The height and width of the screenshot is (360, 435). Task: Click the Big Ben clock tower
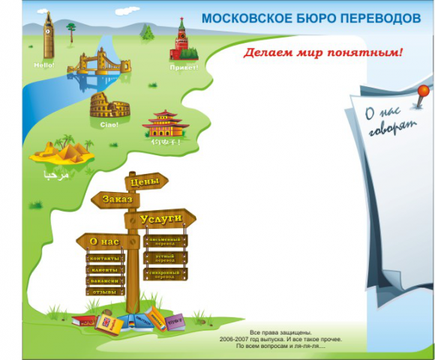pyautogui.click(x=49, y=37)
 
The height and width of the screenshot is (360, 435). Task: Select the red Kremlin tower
pyautogui.click(x=181, y=40)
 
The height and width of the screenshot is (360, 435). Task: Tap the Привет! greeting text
pyautogui.click(x=185, y=67)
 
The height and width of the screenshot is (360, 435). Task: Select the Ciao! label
pyautogui.click(x=109, y=124)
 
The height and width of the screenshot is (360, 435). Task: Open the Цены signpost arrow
pyautogui.click(x=145, y=181)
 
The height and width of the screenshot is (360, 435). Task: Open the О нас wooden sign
pyautogui.click(x=107, y=241)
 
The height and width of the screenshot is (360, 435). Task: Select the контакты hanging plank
pyautogui.click(x=105, y=259)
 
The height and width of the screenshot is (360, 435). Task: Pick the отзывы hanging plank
pyautogui.click(x=105, y=291)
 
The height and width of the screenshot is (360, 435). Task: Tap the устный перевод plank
pyautogui.click(x=165, y=257)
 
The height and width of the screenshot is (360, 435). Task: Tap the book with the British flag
pyautogui.click(x=107, y=323)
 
